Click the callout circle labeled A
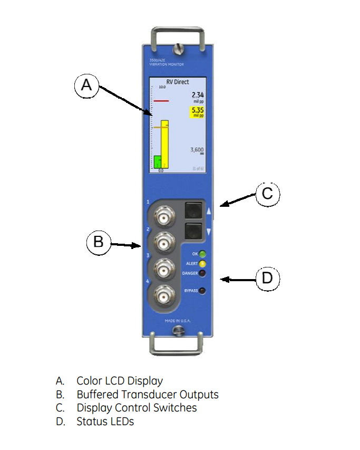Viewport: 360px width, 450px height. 86,85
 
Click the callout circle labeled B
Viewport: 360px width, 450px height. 98,243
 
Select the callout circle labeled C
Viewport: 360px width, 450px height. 267,194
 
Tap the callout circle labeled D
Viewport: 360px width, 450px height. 267,277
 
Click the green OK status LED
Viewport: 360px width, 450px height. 202,254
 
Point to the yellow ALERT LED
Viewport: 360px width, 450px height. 202,263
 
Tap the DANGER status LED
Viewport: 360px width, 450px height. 202,273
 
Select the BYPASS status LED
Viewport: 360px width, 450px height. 202,291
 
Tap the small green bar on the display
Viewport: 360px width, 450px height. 157,161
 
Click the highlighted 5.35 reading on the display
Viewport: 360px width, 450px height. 197,111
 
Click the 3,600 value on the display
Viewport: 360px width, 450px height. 197,150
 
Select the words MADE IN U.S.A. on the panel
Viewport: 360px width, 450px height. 177,321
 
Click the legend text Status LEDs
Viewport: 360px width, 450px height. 105,422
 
